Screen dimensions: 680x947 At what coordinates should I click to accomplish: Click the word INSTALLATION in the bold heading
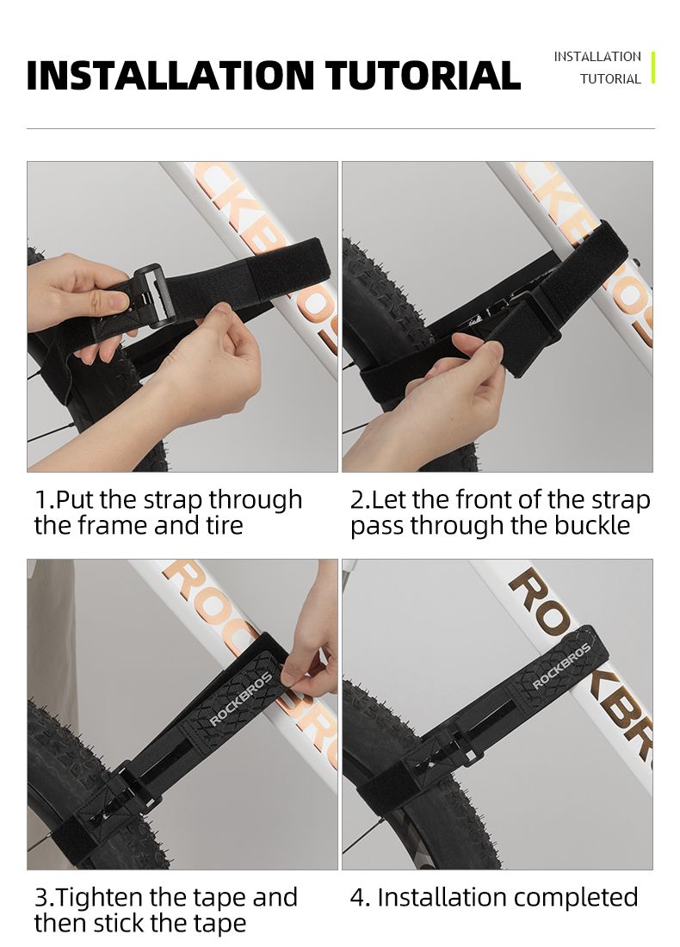coord(171,75)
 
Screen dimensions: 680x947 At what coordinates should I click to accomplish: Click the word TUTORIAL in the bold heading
coord(423,75)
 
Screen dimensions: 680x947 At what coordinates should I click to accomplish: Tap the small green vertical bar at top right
coord(652,68)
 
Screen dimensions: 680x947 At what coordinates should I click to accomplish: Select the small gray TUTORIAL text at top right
coord(610,79)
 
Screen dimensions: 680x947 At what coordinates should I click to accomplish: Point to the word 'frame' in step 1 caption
coord(114,525)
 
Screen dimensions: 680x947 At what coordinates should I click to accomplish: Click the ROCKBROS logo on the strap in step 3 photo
coord(240,699)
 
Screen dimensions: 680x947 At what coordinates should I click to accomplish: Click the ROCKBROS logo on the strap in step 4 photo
coord(560,666)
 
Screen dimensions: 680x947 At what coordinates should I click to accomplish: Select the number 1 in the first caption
coord(41,500)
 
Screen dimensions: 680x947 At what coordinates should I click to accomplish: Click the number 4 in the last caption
coord(359,897)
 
